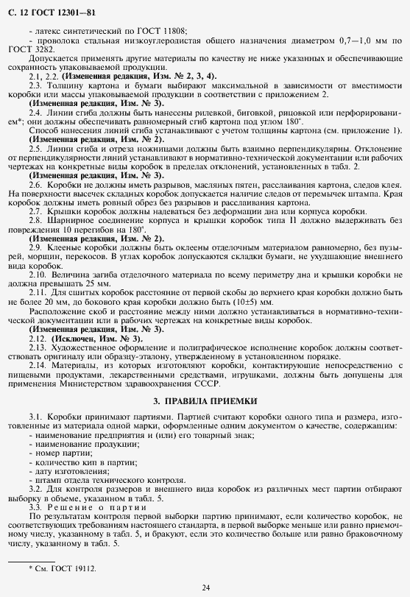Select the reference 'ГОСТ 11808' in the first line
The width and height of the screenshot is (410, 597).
pos(166,30)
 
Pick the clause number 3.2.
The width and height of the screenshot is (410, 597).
pos(35,489)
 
